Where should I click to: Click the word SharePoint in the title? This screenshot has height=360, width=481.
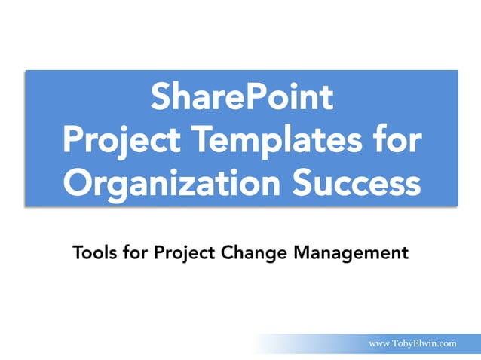[x=240, y=98]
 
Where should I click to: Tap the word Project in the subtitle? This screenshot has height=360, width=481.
[x=182, y=252]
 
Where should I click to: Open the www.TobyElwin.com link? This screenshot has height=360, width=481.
[x=412, y=343]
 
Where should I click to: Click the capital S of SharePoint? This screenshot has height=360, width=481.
[x=161, y=98]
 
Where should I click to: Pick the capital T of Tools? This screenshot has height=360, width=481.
[x=77, y=252]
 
